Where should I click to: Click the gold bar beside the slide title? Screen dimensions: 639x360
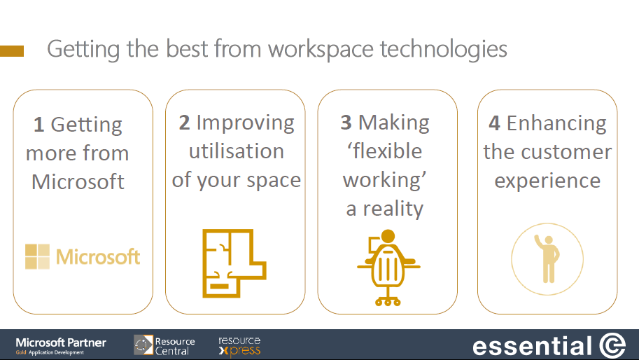(12, 51)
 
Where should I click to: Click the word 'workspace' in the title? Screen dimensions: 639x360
(321, 50)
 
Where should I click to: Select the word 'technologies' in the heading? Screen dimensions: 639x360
(444, 50)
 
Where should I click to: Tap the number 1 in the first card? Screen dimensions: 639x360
(38, 125)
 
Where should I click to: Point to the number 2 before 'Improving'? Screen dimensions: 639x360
(184, 123)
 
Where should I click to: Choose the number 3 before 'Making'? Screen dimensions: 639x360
(346, 123)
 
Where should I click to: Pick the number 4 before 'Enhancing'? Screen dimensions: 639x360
(494, 123)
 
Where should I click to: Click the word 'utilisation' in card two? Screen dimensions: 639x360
(237, 151)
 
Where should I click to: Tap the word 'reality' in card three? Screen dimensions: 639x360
(393, 209)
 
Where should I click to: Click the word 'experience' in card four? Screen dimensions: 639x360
(547, 181)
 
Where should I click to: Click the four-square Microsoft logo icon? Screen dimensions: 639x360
(38, 256)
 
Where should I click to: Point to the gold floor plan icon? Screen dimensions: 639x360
(234, 263)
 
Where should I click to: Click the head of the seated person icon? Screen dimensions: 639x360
(388, 236)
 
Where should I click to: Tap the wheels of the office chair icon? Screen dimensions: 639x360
(388, 302)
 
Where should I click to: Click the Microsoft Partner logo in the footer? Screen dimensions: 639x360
(61, 345)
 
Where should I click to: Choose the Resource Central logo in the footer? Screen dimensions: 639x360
(164, 345)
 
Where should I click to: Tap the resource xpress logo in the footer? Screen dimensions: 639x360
(239, 346)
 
